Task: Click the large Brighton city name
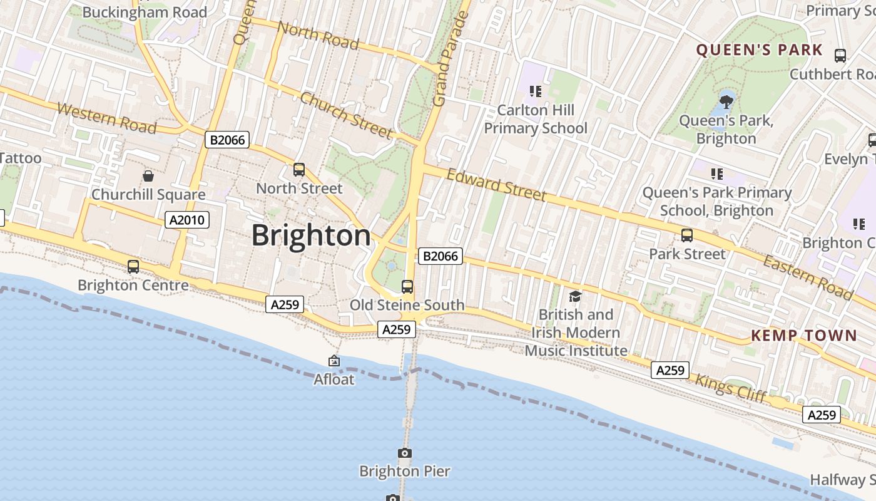pos(311,236)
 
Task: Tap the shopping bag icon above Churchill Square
pos(148,176)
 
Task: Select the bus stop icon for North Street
pos(299,170)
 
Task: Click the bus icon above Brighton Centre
pos(133,267)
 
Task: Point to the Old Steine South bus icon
pos(407,287)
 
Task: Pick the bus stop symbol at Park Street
pos(687,235)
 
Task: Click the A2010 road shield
pos(187,220)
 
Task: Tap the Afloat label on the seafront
pos(334,380)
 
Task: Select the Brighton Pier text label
pos(404,471)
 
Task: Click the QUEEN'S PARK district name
pos(759,50)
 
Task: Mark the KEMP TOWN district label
pos(803,336)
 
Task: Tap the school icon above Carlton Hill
pos(535,91)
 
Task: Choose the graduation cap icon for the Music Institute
pos(575,296)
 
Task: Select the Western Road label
pos(106,118)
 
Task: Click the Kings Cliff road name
pos(730,388)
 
